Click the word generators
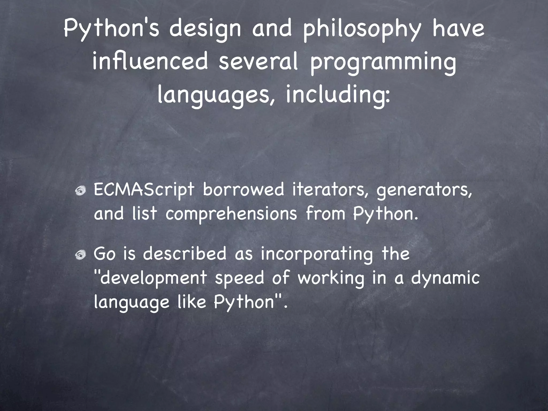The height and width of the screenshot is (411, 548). click(424, 191)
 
